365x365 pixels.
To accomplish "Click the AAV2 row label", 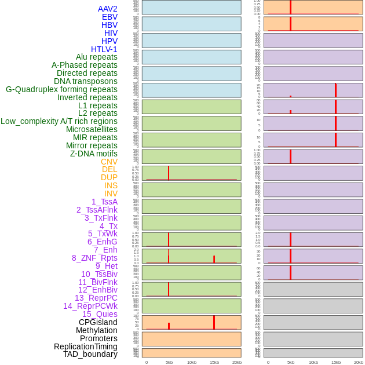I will [107, 9].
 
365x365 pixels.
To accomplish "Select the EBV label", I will [110, 17].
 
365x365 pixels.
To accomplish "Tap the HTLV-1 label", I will [104, 49].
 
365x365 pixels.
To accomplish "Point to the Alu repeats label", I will [96, 57].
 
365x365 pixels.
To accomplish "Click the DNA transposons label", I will [86, 81].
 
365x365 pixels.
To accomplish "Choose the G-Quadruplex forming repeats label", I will [61, 89].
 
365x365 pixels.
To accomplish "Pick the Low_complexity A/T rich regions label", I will [59, 121].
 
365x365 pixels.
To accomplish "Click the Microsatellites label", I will [92, 129].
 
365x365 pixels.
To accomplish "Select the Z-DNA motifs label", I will [94, 154].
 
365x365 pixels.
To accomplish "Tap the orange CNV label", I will [109, 162].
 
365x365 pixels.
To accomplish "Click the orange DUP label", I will [109, 177].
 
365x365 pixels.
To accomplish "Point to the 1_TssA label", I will [104, 202].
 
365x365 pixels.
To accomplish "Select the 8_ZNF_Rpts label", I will [94, 258].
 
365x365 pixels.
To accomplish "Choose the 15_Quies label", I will [99, 314].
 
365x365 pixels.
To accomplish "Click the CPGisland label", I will [98, 322].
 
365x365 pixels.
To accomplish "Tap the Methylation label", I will [97, 330].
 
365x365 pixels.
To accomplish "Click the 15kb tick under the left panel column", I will [214, 362].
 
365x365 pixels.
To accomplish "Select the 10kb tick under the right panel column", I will [313, 362].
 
